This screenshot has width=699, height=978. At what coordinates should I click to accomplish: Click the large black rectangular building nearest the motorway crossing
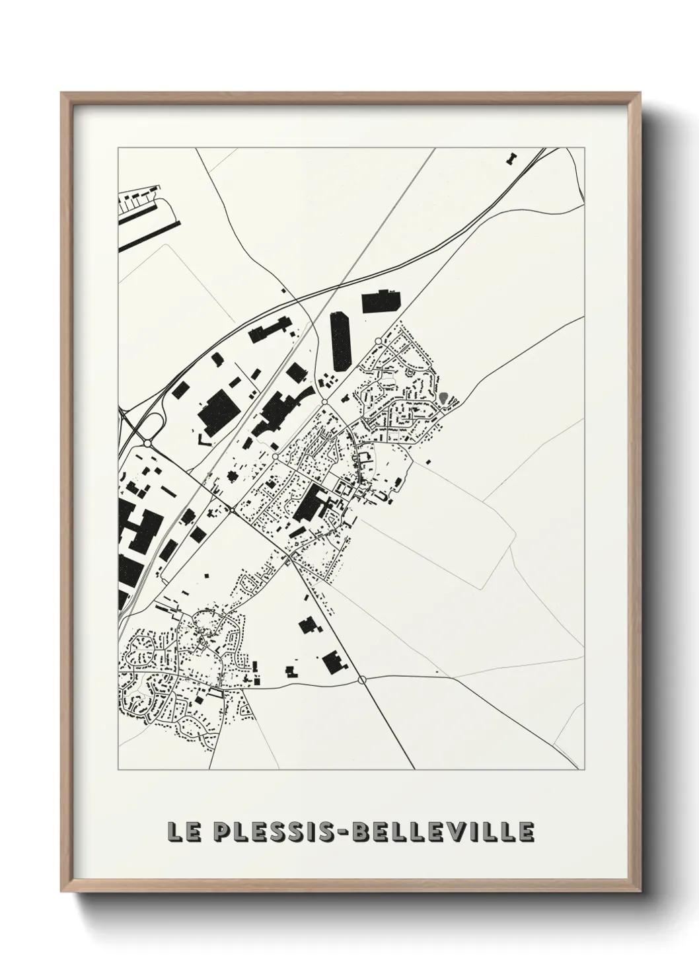pos(381,301)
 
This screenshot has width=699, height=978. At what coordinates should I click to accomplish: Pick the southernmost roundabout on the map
pos(361,679)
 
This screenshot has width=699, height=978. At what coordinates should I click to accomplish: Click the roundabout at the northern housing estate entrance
pos(377,341)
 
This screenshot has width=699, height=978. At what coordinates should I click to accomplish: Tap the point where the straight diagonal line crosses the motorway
pos(339,285)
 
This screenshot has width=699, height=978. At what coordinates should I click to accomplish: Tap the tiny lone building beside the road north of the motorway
pos(283,290)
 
